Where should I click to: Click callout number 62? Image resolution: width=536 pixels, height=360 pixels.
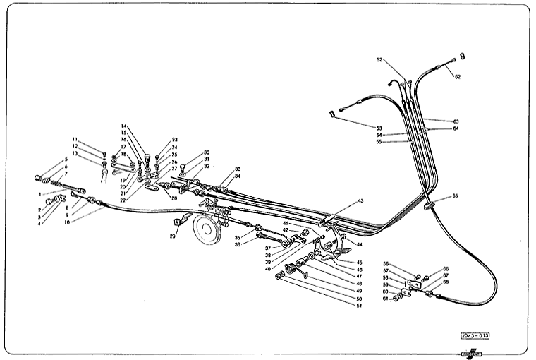(x=457, y=76)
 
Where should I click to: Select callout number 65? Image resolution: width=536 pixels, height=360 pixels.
(x=455, y=196)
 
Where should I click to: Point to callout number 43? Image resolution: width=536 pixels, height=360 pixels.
(x=360, y=201)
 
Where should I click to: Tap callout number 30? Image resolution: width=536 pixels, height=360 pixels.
(x=207, y=152)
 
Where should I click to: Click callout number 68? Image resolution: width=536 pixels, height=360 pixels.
(x=446, y=282)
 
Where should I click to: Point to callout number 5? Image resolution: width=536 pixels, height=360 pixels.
(x=65, y=160)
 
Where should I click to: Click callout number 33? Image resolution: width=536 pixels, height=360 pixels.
(x=238, y=169)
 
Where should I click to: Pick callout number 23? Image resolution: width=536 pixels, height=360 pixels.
(x=174, y=140)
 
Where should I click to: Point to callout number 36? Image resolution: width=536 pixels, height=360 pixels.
(x=238, y=244)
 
